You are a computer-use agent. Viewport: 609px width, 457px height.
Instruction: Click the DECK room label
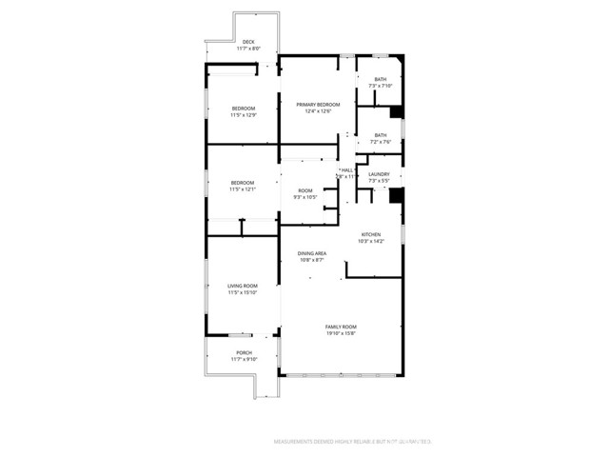(248, 41)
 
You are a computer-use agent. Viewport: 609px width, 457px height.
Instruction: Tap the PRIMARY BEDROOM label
(318, 104)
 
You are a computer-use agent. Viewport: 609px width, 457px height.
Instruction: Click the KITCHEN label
(371, 234)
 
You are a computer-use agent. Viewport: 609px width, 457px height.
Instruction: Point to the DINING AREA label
(314, 253)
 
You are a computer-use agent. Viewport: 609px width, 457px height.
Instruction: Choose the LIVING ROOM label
(243, 286)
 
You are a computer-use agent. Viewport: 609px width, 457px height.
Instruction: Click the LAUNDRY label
(379, 173)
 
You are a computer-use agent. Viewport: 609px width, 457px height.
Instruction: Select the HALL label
(346, 169)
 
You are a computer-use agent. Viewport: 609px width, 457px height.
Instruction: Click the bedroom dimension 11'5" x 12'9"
(243, 115)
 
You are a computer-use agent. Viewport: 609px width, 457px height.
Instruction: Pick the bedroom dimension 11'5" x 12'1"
(243, 189)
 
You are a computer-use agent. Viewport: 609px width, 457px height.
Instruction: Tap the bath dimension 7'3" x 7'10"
(380, 86)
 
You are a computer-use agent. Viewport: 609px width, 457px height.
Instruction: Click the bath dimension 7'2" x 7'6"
(380, 142)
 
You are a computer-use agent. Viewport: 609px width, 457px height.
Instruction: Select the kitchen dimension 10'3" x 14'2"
(371, 241)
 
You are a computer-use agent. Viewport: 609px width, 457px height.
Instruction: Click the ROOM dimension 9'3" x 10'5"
(304, 197)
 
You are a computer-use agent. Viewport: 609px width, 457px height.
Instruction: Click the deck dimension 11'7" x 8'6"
(248, 48)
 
